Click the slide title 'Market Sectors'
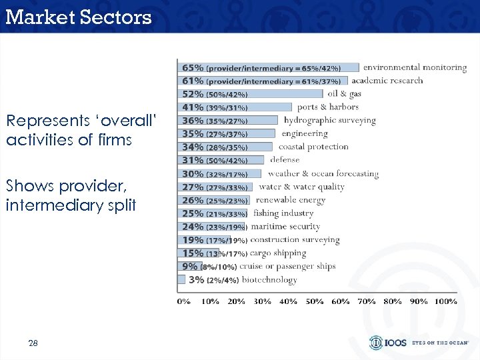pyautogui.click(x=79, y=17)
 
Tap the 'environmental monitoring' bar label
pyautogui.click(x=414, y=67)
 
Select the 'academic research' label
pyautogui.click(x=387, y=81)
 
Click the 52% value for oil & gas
pyautogui.click(x=193, y=94)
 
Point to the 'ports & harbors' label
pyautogui.click(x=327, y=107)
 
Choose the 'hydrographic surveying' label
pyautogui.click(x=329, y=121)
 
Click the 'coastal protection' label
pyautogui.click(x=313, y=147)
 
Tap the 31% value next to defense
pyautogui.click(x=193, y=160)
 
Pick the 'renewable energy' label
pyautogui.click(x=291, y=200)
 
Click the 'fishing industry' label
pyautogui.click(x=283, y=213)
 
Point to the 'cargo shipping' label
pyautogui.click(x=278, y=253)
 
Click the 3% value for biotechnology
pyautogui.click(x=197, y=280)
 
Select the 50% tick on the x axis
pyautogui.click(x=315, y=301)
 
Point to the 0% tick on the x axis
pyautogui.click(x=183, y=301)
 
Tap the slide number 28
pyautogui.click(x=33, y=343)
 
